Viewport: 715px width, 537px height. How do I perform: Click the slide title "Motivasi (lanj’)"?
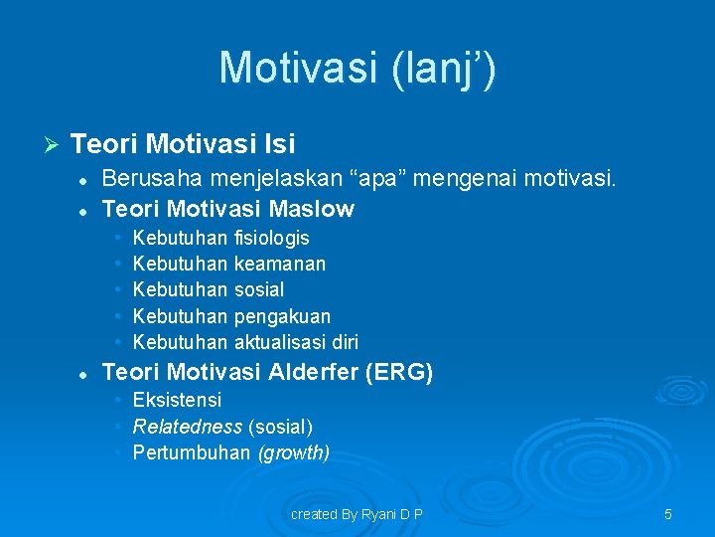coord(357,68)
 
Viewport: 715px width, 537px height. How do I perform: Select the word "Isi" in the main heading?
coord(279,145)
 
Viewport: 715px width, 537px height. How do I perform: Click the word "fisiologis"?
coord(271,238)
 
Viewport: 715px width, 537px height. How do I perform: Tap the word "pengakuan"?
coord(282,316)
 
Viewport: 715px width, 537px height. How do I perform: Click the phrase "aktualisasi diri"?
coord(296,342)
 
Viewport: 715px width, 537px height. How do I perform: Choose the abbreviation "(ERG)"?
coord(399,373)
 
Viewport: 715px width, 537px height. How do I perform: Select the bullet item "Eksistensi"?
coord(177,400)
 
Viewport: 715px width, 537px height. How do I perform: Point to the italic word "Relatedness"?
coord(187,427)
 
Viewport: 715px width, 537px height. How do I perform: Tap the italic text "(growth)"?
coord(293,453)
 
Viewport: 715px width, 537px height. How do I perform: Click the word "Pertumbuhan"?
coord(191,453)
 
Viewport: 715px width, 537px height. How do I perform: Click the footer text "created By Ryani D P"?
coord(357,514)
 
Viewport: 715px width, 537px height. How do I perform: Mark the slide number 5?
coord(667,514)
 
